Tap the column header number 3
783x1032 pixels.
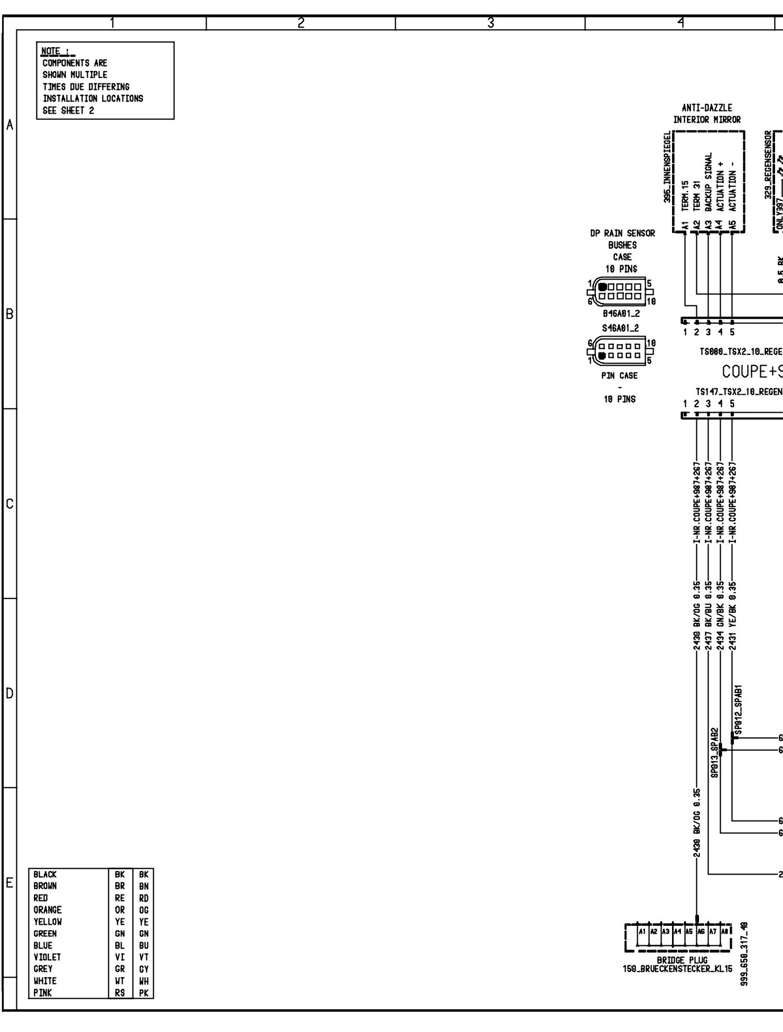pyautogui.click(x=490, y=23)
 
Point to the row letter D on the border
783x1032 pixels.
pyautogui.click(x=9, y=693)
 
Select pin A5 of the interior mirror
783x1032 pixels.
pyautogui.click(x=732, y=225)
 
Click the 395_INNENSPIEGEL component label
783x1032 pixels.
pyautogui.click(x=668, y=167)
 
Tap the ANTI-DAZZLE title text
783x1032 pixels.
pyautogui.click(x=707, y=108)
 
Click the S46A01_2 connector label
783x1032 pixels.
pyautogui.click(x=620, y=328)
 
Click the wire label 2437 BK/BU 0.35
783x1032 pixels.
pyautogui.click(x=709, y=616)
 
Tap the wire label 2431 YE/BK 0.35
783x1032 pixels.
pyautogui.click(x=732, y=616)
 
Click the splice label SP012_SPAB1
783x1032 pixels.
pyautogui.click(x=739, y=710)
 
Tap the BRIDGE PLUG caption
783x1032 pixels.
pyautogui.click(x=682, y=960)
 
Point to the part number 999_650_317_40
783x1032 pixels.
pyautogui.click(x=744, y=957)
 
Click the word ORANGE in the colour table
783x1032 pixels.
pyautogui.click(x=48, y=910)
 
